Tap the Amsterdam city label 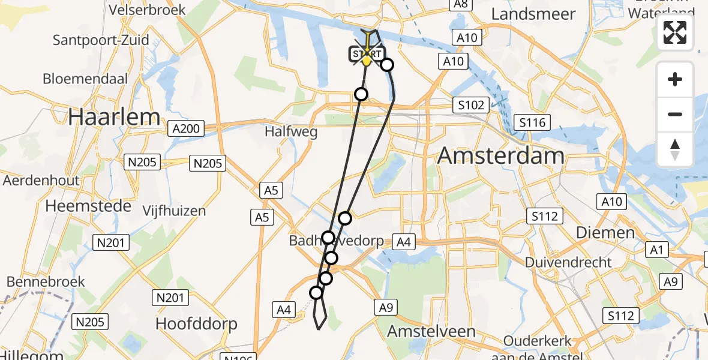coord(500,156)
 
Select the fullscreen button coord(675,32)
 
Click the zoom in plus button coord(675,79)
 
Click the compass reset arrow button coord(675,149)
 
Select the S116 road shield coord(532,123)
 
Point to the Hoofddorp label coord(196,324)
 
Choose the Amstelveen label coord(431,331)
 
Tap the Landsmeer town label coord(533,14)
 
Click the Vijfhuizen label coord(174,211)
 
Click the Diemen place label coord(605,233)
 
